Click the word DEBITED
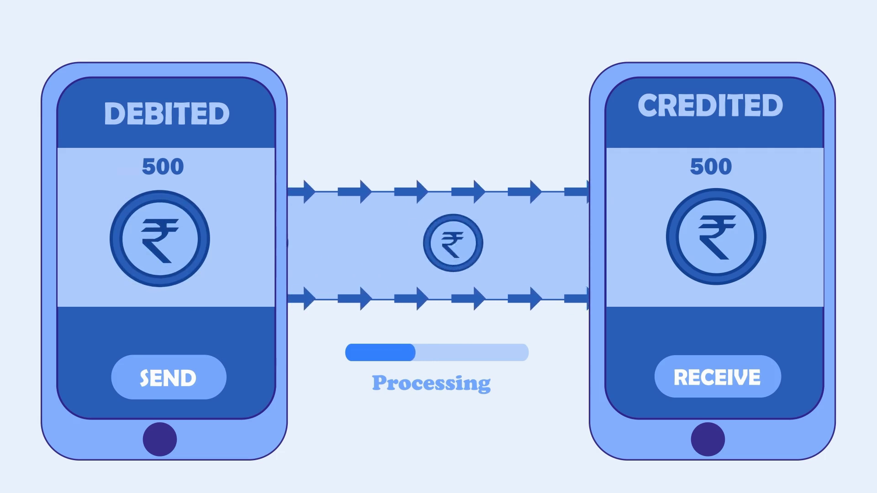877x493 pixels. (x=167, y=113)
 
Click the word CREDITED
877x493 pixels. (x=710, y=105)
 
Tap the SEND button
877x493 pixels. (x=169, y=377)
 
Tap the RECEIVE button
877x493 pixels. (x=718, y=377)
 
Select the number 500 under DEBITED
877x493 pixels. (x=163, y=167)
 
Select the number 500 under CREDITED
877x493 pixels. (x=711, y=166)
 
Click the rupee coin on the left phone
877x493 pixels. (x=160, y=239)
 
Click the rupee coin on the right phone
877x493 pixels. (x=716, y=236)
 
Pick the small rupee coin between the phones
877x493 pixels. (x=453, y=243)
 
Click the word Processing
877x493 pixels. (x=431, y=383)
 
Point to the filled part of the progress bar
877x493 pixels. (x=380, y=352)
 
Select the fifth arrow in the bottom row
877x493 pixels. (x=525, y=299)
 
